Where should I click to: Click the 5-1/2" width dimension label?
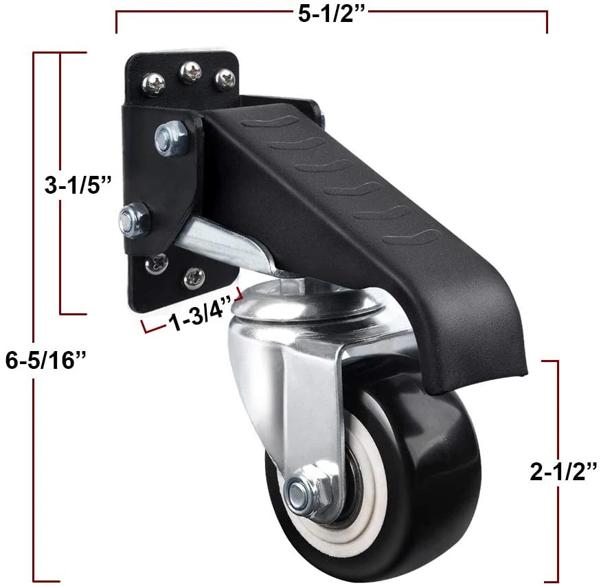[x=331, y=14]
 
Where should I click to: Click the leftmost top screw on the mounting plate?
[x=153, y=84]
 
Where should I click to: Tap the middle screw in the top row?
[x=189, y=71]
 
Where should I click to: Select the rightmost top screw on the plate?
[x=224, y=80]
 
